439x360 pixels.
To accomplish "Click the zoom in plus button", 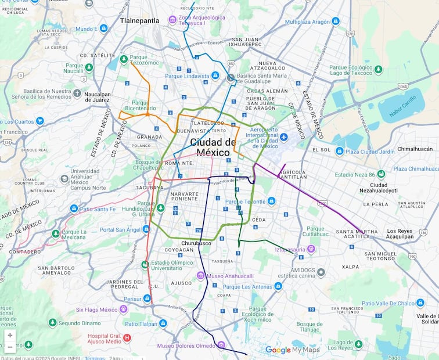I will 10,335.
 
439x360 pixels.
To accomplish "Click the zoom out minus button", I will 10,347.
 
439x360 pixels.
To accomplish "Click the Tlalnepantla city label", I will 139,20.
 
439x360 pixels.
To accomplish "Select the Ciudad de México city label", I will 213,147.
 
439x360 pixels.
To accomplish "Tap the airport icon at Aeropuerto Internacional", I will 283,137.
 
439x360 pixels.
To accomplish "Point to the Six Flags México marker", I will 123,309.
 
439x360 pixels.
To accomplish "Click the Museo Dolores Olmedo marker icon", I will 221,345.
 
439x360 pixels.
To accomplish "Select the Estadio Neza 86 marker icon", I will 381,174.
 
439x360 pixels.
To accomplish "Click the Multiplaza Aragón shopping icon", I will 336,21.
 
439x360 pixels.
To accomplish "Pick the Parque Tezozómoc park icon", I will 123,59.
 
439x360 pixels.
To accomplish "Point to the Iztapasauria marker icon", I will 311,249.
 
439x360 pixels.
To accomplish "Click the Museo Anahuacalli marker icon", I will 200,275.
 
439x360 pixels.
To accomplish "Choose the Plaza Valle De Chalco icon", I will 420,303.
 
